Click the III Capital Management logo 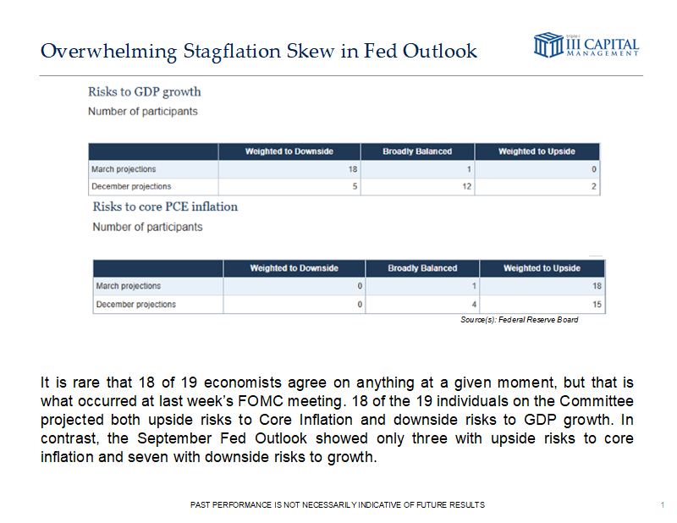point(586,45)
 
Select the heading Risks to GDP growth point(145,91)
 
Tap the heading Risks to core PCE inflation point(165,206)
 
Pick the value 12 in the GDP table point(466,186)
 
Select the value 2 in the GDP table point(596,186)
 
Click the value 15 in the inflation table point(597,304)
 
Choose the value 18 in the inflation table point(597,286)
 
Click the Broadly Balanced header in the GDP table point(417,151)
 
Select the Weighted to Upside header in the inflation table point(542,268)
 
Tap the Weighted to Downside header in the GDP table point(289,151)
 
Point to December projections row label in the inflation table point(136,304)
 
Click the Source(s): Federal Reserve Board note point(520,320)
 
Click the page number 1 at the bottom point(660,505)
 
